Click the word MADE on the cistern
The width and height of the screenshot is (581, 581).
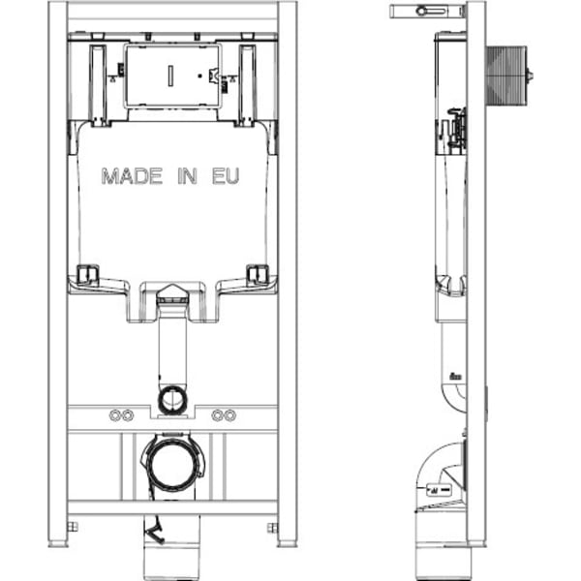(x=132, y=176)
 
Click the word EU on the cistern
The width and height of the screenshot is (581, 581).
(x=226, y=176)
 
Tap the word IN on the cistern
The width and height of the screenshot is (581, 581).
(x=187, y=176)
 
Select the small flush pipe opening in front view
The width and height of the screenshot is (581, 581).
(x=172, y=400)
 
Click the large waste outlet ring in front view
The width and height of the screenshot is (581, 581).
(x=172, y=463)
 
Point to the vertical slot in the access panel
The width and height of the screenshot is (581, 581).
(x=170, y=76)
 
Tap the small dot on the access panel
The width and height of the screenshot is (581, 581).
(x=200, y=76)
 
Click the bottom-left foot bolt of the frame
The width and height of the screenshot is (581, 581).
(x=73, y=527)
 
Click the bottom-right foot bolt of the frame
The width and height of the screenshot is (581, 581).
(x=273, y=528)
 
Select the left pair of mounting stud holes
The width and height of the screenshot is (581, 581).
(x=121, y=415)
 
